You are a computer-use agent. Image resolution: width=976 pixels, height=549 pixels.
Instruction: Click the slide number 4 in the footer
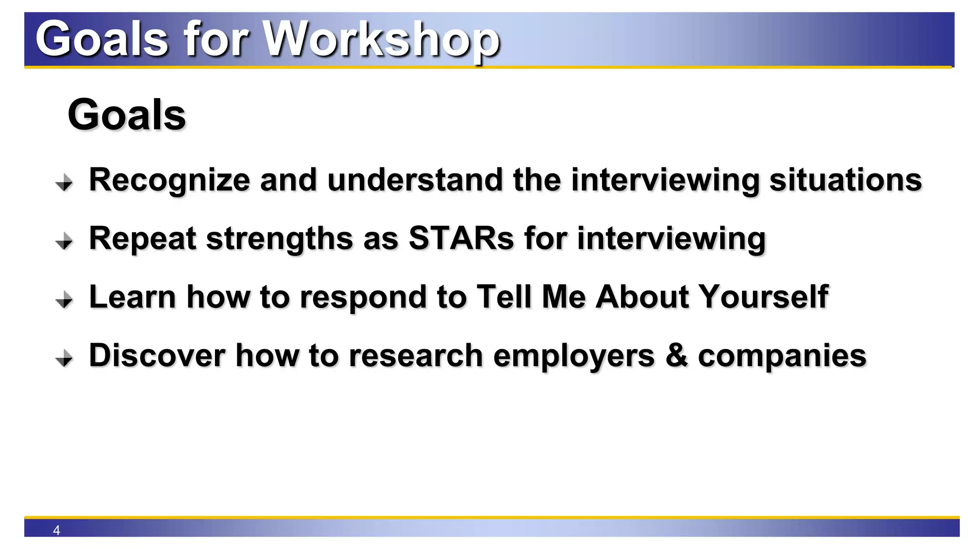[56, 530]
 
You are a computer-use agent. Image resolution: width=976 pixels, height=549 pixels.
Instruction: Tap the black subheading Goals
[127, 115]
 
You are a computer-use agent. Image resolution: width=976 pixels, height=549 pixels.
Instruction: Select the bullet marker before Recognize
[64, 182]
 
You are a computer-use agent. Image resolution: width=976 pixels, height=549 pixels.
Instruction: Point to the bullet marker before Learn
[64, 300]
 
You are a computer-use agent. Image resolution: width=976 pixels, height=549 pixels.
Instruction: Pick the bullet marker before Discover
[64, 358]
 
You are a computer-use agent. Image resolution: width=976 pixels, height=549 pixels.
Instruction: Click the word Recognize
[169, 180]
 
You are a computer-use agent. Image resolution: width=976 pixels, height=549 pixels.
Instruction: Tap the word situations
[845, 180]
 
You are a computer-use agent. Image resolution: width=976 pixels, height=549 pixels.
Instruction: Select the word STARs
[461, 238]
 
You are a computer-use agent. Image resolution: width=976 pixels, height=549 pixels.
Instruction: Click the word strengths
[279, 238]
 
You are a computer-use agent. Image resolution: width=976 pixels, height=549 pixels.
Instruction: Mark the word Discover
[157, 356]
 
